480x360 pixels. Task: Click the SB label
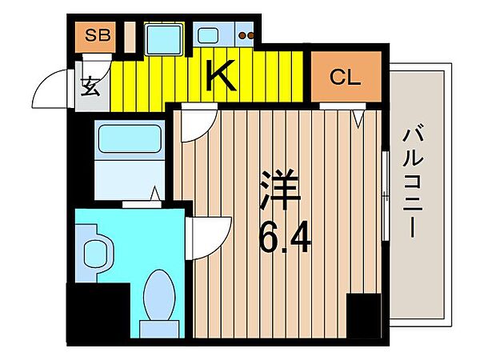pos(98,35)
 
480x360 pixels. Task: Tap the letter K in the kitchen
pos(221,76)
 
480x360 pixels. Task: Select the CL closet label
pos(345,77)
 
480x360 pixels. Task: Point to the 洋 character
pos(279,189)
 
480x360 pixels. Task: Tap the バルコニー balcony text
pos(413,180)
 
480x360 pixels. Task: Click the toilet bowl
pos(159,294)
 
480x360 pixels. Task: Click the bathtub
pos(130,138)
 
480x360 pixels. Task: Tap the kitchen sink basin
pos(208,35)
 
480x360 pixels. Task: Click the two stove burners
pos(246,35)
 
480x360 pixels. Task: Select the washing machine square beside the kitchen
pos(163,39)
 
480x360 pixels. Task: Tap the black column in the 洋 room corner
pos(364,316)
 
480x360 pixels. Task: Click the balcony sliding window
pos(386,196)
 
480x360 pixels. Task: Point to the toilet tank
pos(159,329)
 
